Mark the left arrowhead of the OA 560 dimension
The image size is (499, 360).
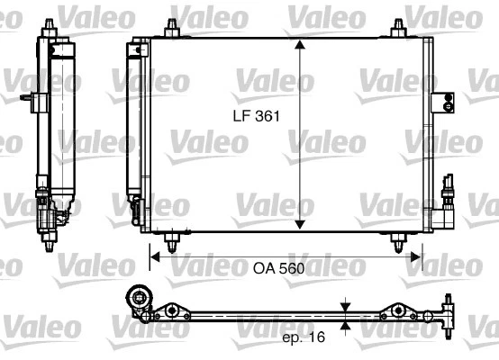click(154, 256)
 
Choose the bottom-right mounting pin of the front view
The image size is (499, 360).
click(396, 241)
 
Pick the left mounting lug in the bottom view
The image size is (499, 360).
click(171, 312)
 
